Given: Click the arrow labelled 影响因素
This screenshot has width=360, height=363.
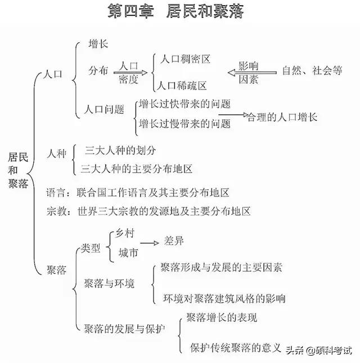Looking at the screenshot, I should coord(251,73).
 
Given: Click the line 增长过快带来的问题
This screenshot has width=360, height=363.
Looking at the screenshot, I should coord(184,104).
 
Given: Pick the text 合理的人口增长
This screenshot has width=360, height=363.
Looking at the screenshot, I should coord(282,117).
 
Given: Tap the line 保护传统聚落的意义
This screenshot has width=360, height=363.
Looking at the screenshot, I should coord(235,347).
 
